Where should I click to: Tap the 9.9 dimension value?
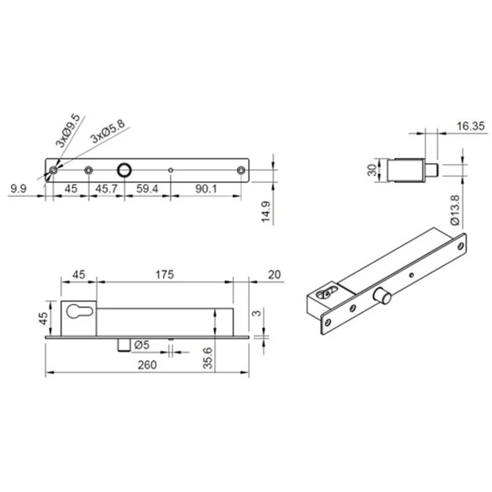[17, 189]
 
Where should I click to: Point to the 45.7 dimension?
[106, 189]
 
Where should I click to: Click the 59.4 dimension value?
[148, 189]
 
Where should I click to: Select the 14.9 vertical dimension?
[266, 213]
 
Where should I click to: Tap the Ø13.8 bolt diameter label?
[453, 210]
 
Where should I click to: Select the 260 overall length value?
[147, 364]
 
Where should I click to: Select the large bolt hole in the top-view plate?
[124, 169]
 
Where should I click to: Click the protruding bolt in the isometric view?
[386, 297]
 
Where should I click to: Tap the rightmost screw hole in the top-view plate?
[241, 169]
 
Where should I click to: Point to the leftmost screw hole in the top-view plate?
[54, 169]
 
